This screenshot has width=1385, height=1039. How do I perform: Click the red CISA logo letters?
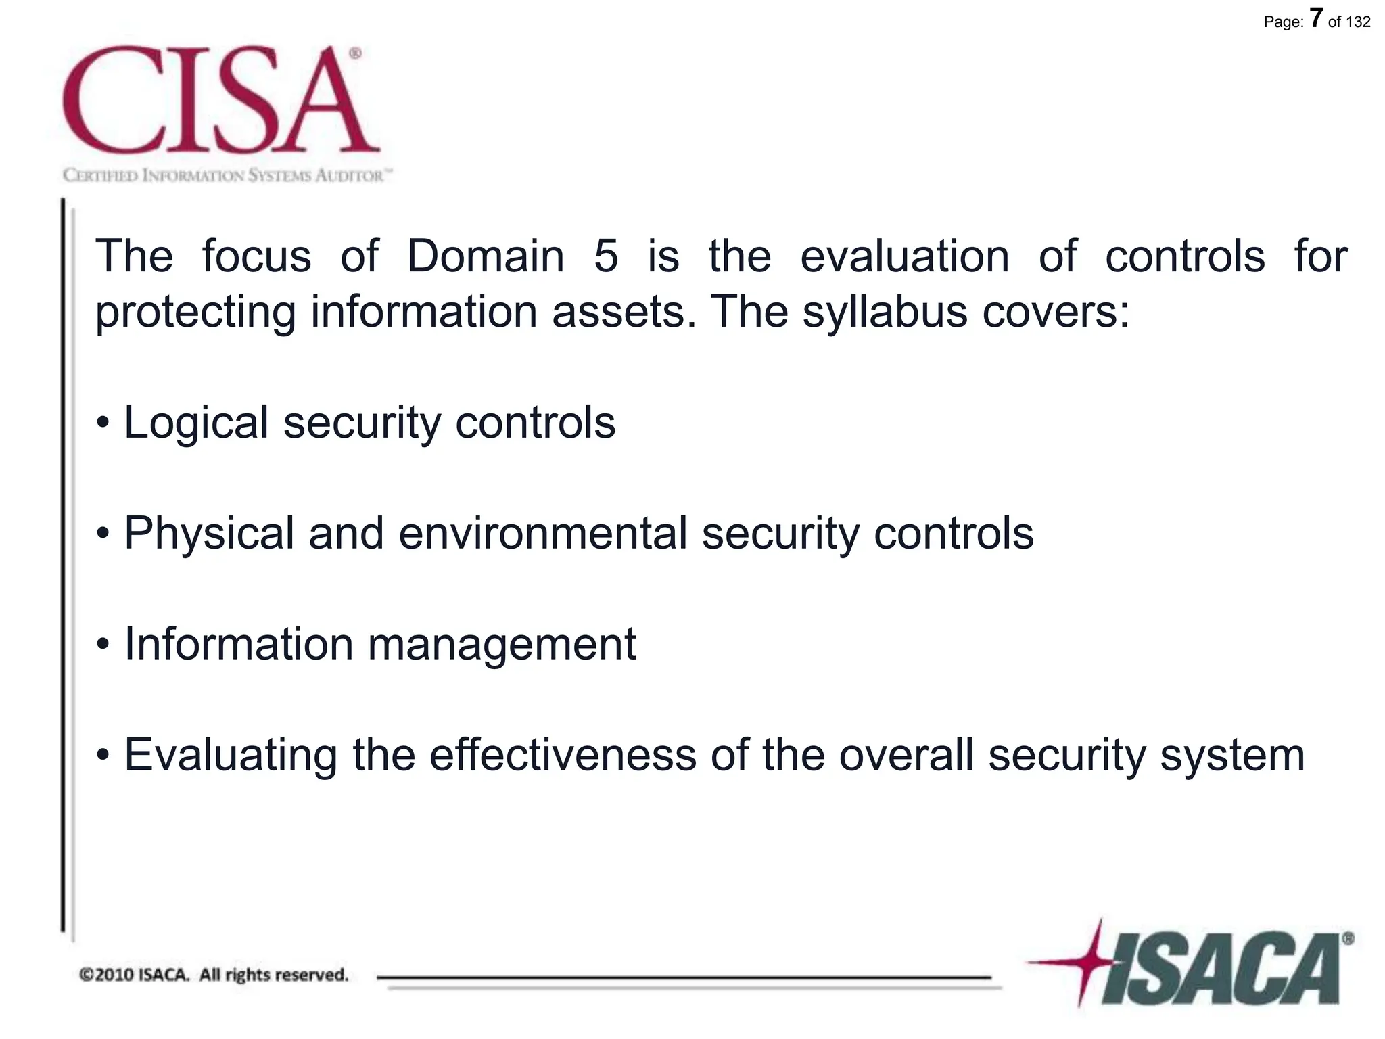[x=220, y=100]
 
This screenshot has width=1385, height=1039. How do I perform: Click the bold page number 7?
[x=1315, y=18]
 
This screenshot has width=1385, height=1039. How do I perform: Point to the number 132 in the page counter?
[x=1358, y=22]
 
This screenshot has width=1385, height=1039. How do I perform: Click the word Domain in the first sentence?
[x=485, y=256]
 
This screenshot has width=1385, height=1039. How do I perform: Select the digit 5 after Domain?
[x=606, y=257]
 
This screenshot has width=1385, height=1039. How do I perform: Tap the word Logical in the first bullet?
[x=196, y=423]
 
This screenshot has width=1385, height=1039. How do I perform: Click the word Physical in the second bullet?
[x=210, y=534]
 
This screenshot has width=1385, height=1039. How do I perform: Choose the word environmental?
[x=543, y=534]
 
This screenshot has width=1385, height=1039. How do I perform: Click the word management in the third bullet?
[x=501, y=645]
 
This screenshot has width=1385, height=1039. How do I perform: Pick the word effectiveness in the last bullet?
[x=563, y=755]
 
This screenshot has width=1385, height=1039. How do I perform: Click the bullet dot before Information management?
[x=103, y=645]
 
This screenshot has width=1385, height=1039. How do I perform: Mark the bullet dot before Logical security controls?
[x=103, y=423]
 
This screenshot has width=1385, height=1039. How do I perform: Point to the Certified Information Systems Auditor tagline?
[x=227, y=176]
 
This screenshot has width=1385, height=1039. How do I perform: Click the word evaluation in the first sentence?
[x=904, y=256]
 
